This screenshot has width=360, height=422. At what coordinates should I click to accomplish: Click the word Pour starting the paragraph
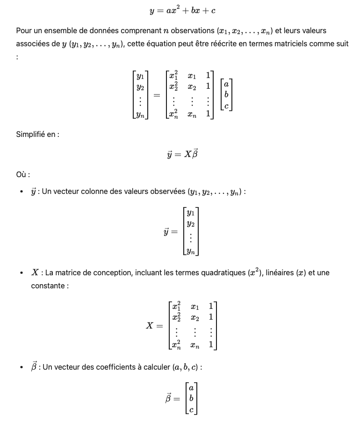click(x=23, y=31)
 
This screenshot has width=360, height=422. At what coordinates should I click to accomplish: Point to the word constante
click(x=48, y=286)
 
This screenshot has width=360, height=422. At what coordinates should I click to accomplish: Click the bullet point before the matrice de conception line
click(x=22, y=273)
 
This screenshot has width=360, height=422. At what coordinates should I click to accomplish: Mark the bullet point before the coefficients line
click(x=22, y=368)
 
